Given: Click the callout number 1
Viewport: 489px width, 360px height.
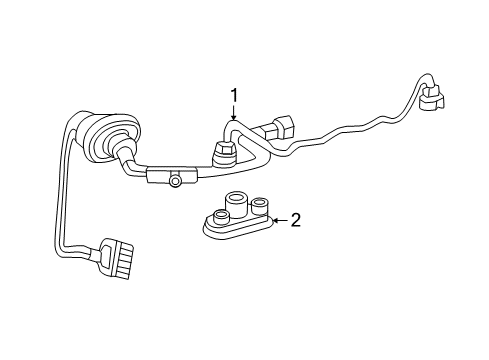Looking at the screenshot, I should (234, 96).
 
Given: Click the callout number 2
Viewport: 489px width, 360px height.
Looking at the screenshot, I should (295, 220).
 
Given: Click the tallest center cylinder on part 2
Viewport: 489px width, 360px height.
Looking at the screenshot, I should (237, 205).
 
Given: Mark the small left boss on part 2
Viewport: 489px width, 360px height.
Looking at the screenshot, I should (218, 214).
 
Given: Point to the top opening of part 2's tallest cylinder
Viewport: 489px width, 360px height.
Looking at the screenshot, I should (237, 196).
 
